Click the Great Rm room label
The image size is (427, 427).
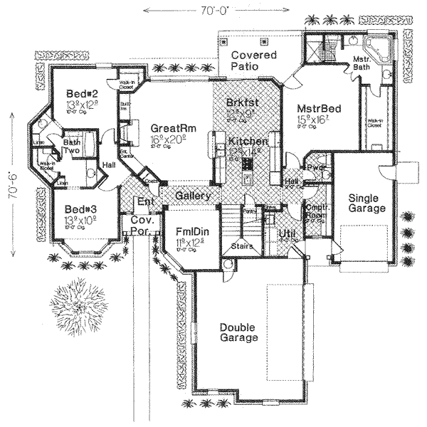click(168, 128)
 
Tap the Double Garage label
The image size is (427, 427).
click(238, 332)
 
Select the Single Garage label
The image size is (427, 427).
click(367, 203)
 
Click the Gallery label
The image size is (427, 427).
click(191, 196)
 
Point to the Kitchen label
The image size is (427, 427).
click(247, 142)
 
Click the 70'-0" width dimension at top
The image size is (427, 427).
click(216, 10)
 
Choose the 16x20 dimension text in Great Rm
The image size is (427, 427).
click(167, 141)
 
